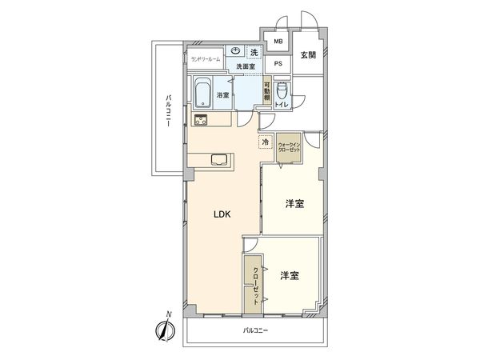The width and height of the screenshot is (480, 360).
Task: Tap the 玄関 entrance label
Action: point(308,54)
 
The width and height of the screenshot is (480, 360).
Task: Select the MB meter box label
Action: point(278,42)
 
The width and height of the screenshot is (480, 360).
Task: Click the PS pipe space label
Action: point(278,63)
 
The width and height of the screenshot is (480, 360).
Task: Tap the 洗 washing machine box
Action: point(254,52)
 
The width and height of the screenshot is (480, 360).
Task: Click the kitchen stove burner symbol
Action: point(200,121)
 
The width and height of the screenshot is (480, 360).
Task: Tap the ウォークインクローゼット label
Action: point(290,148)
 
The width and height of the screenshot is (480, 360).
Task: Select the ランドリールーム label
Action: point(205,58)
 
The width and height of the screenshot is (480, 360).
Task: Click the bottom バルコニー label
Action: point(255,330)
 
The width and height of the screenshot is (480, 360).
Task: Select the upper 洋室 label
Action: point(294,205)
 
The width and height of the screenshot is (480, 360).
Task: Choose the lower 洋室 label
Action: point(289,276)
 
